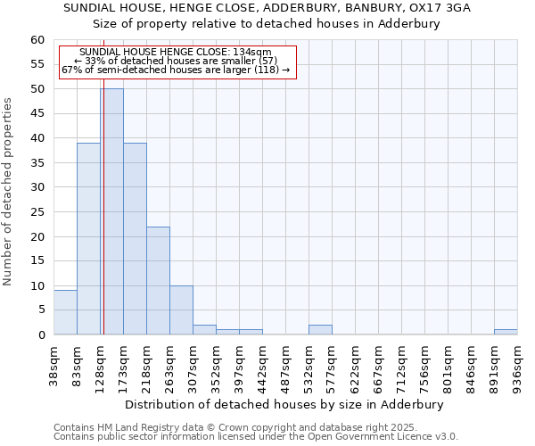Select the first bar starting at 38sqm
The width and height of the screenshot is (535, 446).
tap(65, 312)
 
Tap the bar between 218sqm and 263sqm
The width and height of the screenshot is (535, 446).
tap(158, 280)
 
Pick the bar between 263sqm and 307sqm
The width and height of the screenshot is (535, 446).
tap(181, 310)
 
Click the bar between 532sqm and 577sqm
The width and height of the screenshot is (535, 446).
tap(320, 330)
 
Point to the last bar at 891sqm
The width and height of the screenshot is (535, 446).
tap(506, 332)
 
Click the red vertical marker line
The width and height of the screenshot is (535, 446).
tap(103, 223)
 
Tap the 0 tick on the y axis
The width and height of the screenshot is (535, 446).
tap(41, 335)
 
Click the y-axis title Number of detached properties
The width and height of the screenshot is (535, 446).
tap(8, 193)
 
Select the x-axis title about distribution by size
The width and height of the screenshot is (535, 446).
tap(284, 404)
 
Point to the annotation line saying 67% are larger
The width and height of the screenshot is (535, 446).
tap(176, 70)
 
